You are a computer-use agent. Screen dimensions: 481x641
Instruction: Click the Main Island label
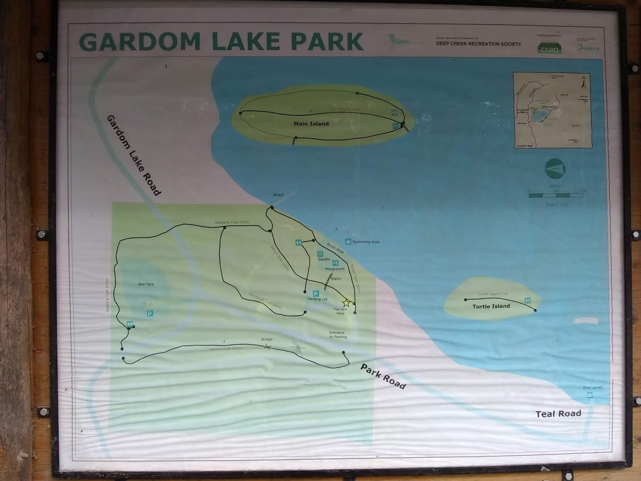click(311, 123)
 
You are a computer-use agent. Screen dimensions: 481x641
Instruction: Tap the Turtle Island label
click(491, 306)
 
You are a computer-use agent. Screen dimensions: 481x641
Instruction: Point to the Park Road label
click(383, 376)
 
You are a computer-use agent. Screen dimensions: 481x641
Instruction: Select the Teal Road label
click(558, 414)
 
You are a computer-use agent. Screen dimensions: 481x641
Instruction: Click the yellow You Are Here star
click(346, 303)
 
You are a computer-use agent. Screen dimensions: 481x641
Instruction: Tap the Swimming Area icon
click(348, 242)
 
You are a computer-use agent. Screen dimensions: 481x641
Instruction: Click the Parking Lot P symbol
click(316, 293)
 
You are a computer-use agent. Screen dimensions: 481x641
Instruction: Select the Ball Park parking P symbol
click(149, 313)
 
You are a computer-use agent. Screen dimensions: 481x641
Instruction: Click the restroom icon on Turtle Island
click(528, 300)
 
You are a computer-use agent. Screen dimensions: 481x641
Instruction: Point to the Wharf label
click(278, 195)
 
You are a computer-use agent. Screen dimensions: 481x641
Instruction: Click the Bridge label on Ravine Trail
click(267, 340)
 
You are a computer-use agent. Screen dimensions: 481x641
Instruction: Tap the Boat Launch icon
click(589, 395)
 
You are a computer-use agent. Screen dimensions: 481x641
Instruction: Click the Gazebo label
click(324, 259)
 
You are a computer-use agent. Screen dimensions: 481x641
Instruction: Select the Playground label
click(335, 269)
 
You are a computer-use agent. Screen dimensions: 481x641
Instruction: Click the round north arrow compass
click(554, 169)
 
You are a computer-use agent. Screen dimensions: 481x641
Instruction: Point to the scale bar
click(556, 195)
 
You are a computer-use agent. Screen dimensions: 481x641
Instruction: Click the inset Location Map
click(553, 110)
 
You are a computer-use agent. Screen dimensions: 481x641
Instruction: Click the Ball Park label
click(146, 284)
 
